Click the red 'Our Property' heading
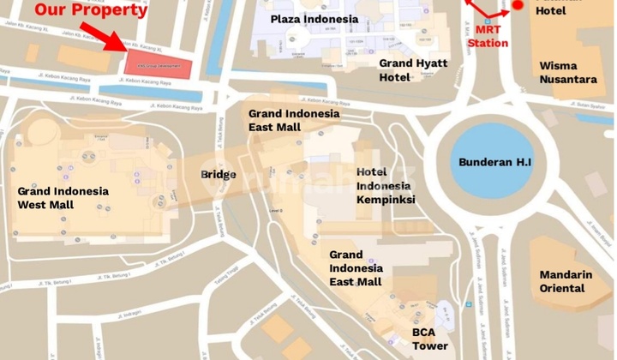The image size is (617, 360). pyautogui.click(x=91, y=10)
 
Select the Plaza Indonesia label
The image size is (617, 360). pyautogui.click(x=313, y=19)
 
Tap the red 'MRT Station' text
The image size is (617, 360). pyautogui.click(x=488, y=36)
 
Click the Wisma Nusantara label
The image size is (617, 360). pyautogui.click(x=568, y=73)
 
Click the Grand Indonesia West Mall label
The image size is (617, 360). pyautogui.click(x=63, y=198)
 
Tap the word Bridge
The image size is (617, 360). pyautogui.click(x=219, y=174)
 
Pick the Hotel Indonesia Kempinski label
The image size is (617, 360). pyautogui.click(x=385, y=185)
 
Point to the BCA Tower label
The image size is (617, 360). pyautogui.click(x=429, y=339)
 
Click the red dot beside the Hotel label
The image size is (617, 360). pyautogui.click(x=518, y=6)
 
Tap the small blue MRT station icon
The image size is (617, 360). pyautogui.click(x=488, y=21)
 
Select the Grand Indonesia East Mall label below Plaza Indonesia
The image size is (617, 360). pyautogui.click(x=294, y=120)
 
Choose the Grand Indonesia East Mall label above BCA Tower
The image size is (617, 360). pyautogui.click(x=356, y=267)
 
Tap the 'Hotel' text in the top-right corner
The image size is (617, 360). pyautogui.click(x=551, y=10)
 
